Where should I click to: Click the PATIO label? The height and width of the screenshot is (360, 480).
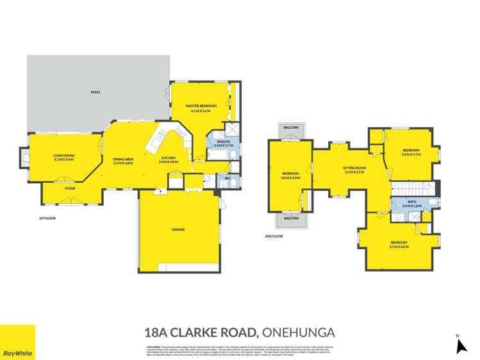pyautogui.click(x=95, y=92)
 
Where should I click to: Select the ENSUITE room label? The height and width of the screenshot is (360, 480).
pyautogui.click(x=224, y=142)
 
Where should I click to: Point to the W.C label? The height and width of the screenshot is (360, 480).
pyautogui.click(x=227, y=177)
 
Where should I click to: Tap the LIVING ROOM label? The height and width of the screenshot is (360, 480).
pyautogui.click(x=64, y=155)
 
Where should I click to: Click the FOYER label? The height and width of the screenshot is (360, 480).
pyautogui.click(x=70, y=188)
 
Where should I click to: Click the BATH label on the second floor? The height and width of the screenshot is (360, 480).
pyautogui.click(x=411, y=202)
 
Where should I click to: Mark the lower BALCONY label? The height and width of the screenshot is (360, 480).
pyautogui.click(x=292, y=218)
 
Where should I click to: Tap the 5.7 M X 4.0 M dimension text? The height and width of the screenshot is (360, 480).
pyautogui.click(x=399, y=247)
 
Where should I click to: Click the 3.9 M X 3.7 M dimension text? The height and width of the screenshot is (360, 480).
pyautogui.click(x=411, y=154)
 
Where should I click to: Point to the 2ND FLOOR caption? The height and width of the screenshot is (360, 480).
pyautogui.click(x=274, y=236)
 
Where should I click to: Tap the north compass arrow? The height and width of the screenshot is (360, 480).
pyautogui.click(x=459, y=345)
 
